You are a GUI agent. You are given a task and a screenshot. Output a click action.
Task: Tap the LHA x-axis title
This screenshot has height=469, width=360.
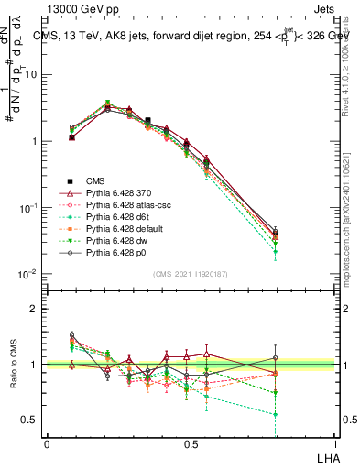tap(327, 455)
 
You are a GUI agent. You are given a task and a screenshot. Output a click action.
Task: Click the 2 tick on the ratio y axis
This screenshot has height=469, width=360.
tap(35, 309)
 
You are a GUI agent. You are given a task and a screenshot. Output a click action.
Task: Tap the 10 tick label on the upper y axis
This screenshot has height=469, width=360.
tap(32, 74)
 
